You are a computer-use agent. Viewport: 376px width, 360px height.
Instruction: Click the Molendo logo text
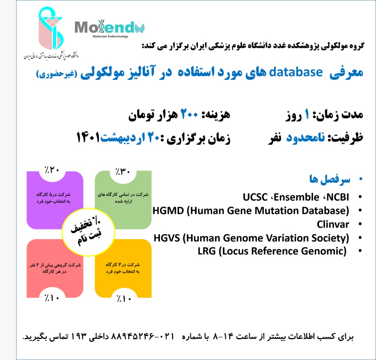tap(109, 27)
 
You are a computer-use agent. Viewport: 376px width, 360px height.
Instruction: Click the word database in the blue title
tap(296, 72)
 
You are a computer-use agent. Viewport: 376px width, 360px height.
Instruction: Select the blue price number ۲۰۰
tap(189, 114)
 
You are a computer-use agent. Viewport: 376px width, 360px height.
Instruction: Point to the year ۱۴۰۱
tap(88, 137)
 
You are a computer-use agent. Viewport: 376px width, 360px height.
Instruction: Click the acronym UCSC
tap(255, 197)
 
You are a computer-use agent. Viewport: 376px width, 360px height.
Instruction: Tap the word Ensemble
tap(296, 197)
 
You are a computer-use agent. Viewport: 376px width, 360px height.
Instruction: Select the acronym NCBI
tap(338, 197)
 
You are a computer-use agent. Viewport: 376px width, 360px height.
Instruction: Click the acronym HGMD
tap(168, 211)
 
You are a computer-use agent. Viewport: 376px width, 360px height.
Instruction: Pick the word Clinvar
tap(333, 224)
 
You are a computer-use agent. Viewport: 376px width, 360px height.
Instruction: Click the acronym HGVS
tap(167, 238)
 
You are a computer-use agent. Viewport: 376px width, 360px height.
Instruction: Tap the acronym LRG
tap(206, 251)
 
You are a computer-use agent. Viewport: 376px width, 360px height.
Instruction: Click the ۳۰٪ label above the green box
tap(123, 171)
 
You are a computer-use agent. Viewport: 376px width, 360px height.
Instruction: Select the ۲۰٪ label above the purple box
tap(52, 170)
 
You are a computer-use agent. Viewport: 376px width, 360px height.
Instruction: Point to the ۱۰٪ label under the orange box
tap(124, 299)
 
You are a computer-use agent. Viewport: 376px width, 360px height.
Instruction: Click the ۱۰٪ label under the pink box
tap(52, 298)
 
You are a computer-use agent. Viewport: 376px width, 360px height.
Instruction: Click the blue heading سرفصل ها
tap(329, 179)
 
